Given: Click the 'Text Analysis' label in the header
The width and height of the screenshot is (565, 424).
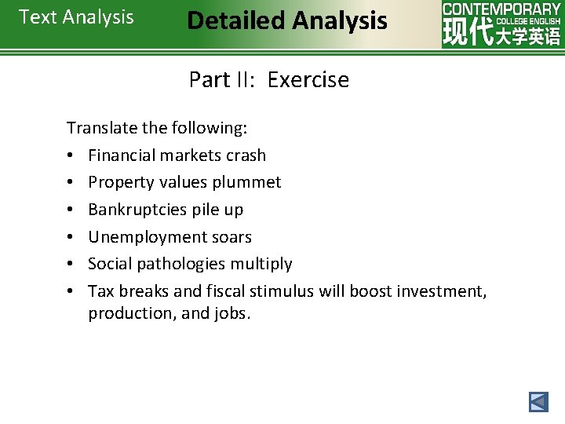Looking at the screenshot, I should coord(76,17).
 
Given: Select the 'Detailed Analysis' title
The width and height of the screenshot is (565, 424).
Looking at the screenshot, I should coord(287,20).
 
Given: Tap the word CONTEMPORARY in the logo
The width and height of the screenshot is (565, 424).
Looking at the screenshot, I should coord(501,9).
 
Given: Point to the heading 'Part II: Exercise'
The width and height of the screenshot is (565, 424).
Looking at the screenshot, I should coord(269,80).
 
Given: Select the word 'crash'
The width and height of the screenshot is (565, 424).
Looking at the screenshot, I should coord(246,155).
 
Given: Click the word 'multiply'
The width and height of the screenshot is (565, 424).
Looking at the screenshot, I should coord(261,264).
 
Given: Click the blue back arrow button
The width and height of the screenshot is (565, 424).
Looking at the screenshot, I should coord(538,402).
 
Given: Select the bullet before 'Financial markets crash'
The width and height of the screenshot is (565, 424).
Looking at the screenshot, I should coord(71,156).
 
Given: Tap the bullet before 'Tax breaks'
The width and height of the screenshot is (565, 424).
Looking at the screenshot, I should coord(71,292).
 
